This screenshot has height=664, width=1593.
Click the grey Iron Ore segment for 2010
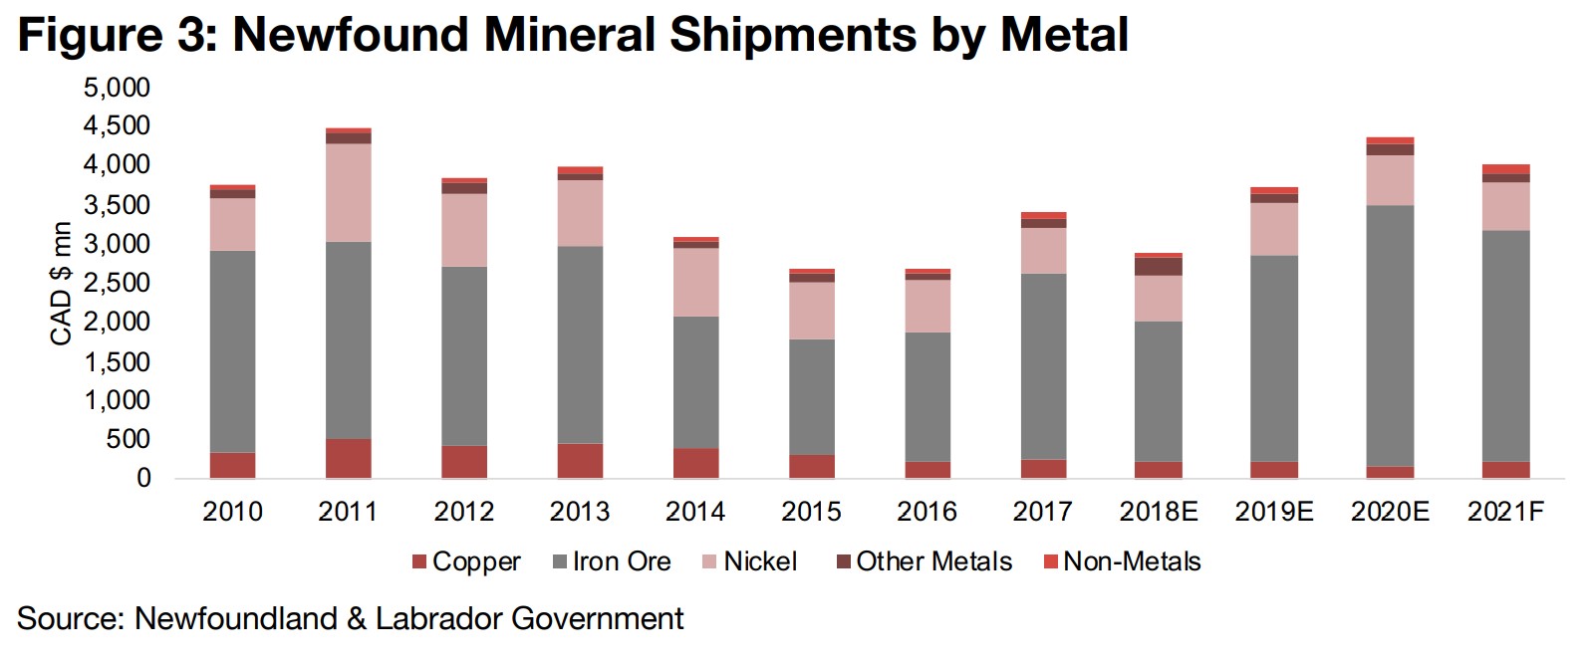[x=232, y=351]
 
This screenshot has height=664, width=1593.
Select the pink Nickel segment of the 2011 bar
[x=348, y=193]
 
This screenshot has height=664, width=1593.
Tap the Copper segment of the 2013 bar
[x=580, y=461]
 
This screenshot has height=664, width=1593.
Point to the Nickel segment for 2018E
[x=1159, y=298]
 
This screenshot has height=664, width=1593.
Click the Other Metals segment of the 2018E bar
[x=1159, y=267]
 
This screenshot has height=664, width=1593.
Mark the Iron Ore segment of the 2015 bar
[x=811, y=397]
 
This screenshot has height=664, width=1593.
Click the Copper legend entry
[x=466, y=561]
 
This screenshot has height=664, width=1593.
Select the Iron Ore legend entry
[x=612, y=561]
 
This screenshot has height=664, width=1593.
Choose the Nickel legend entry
[x=749, y=561]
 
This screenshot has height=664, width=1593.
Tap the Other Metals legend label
[x=924, y=561]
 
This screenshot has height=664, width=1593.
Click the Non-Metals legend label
[x=1122, y=561]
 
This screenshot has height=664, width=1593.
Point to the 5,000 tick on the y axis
[x=117, y=88]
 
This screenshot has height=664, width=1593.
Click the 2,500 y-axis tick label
[x=117, y=283]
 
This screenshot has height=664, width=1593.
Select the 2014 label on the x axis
[x=695, y=512]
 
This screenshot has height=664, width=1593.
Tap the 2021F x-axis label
[x=1505, y=512]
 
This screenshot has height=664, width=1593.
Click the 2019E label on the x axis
[x=1274, y=512]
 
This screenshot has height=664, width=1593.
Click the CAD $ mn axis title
[x=62, y=284]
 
